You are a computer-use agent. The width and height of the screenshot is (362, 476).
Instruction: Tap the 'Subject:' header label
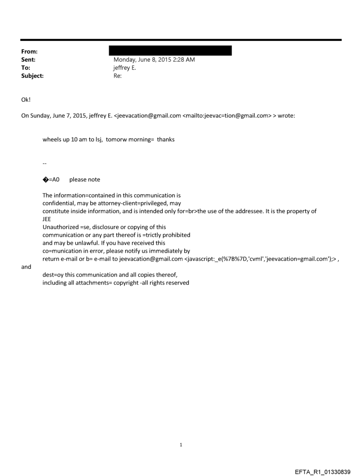[x=32, y=76]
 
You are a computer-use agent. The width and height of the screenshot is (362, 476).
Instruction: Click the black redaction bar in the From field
[x=173, y=51]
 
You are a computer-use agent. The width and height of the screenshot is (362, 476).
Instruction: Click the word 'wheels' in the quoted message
[x=51, y=139]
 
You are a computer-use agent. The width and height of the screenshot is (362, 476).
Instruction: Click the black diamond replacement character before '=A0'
[x=45, y=180]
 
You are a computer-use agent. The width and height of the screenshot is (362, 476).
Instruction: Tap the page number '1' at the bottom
[x=181, y=445]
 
